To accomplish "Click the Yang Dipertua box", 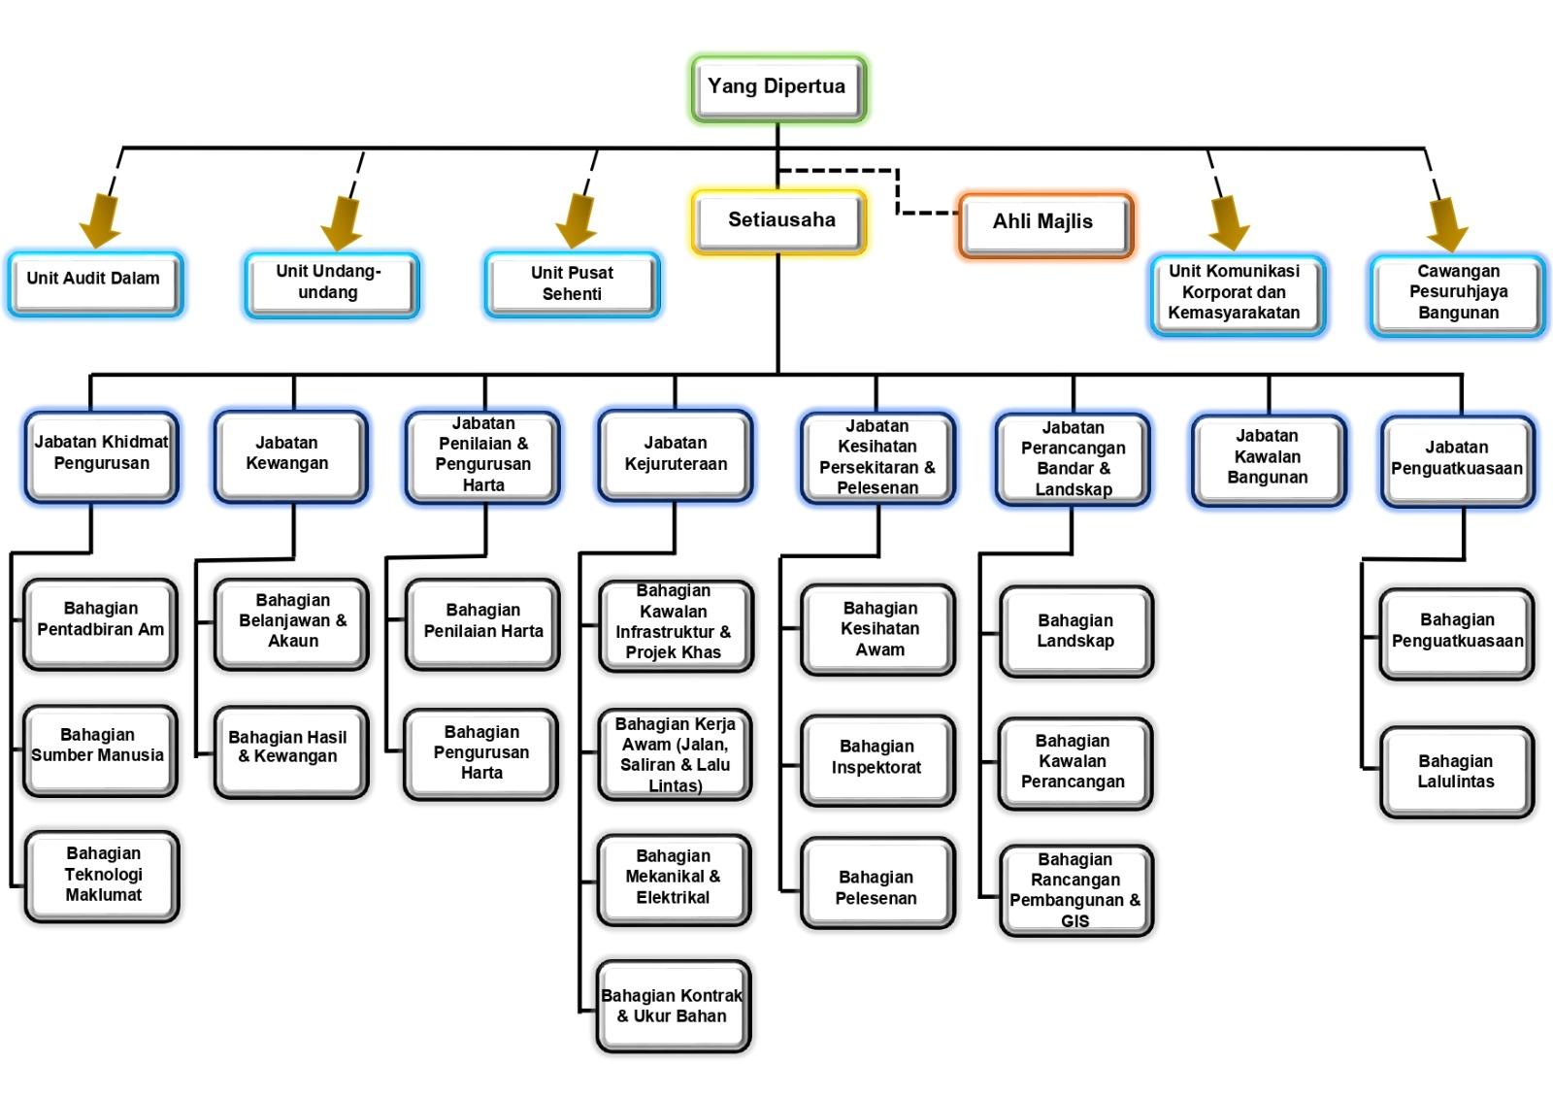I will click(777, 88).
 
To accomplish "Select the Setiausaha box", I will click(779, 221).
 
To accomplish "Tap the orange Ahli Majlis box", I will click(1044, 223).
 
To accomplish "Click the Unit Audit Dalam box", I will click(94, 282).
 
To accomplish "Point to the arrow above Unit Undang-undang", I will click(342, 222).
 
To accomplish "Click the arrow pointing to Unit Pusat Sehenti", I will click(577, 219).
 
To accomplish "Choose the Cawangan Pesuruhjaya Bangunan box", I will click(1457, 293).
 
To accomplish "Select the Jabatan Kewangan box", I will click(290, 455).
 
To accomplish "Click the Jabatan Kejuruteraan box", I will click(676, 455).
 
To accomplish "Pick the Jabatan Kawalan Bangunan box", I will click(1268, 458).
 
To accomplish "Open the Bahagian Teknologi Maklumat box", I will click(102, 875).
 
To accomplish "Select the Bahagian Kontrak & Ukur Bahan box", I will click(674, 1006).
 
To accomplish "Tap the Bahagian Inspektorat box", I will click(877, 758).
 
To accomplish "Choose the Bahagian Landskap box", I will click(1075, 631).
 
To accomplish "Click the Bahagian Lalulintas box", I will click(1456, 771).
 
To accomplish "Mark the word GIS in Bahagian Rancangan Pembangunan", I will click(1075, 921).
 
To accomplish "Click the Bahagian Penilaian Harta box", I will click(482, 622).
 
